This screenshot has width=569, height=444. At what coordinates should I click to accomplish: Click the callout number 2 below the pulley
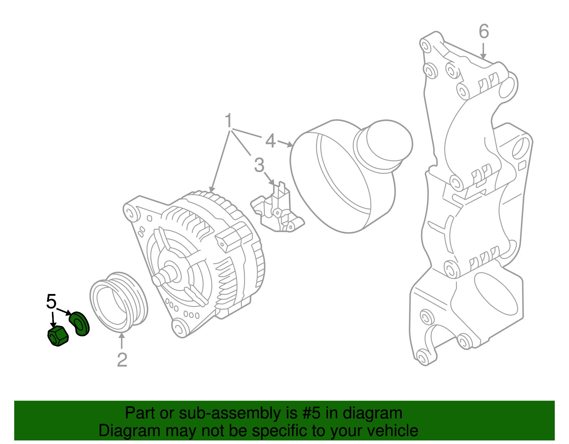coord(122,360)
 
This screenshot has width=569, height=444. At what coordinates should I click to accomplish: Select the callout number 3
coord(259,165)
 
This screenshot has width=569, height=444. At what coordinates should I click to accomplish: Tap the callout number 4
coord(270,141)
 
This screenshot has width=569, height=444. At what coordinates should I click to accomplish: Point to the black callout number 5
coord(51,302)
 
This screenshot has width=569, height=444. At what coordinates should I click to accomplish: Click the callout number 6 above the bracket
coord(484,32)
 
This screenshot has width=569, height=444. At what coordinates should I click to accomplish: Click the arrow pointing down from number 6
coord(483,51)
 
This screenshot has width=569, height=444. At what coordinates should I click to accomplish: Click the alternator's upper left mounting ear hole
coord(130,213)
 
